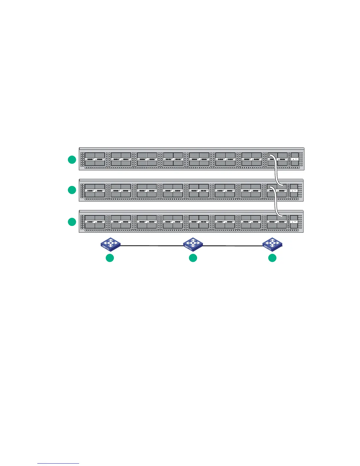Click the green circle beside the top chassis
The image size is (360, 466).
[x=72, y=160]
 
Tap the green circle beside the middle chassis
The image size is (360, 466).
[x=72, y=190]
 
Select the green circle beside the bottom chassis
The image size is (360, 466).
[x=72, y=222]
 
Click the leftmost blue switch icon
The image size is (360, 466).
[x=110, y=244]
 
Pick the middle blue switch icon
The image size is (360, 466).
[x=193, y=244]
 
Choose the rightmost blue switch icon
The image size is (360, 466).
[x=272, y=244]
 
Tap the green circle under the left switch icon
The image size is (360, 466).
[x=110, y=258]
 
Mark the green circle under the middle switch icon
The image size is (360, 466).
[x=193, y=258]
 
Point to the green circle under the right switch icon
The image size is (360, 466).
[x=272, y=258]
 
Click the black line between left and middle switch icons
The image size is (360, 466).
[x=151, y=245]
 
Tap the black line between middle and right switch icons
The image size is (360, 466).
[x=232, y=245]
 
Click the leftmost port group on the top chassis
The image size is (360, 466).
[x=95, y=159]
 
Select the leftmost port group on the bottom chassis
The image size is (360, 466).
[x=95, y=222]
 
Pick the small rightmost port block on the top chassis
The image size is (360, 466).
[x=294, y=159]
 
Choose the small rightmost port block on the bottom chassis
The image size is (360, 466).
[x=294, y=222]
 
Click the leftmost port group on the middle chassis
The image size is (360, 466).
[x=95, y=190]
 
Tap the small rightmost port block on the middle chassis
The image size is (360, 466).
[x=294, y=190]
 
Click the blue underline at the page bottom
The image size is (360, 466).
[x=58, y=464]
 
